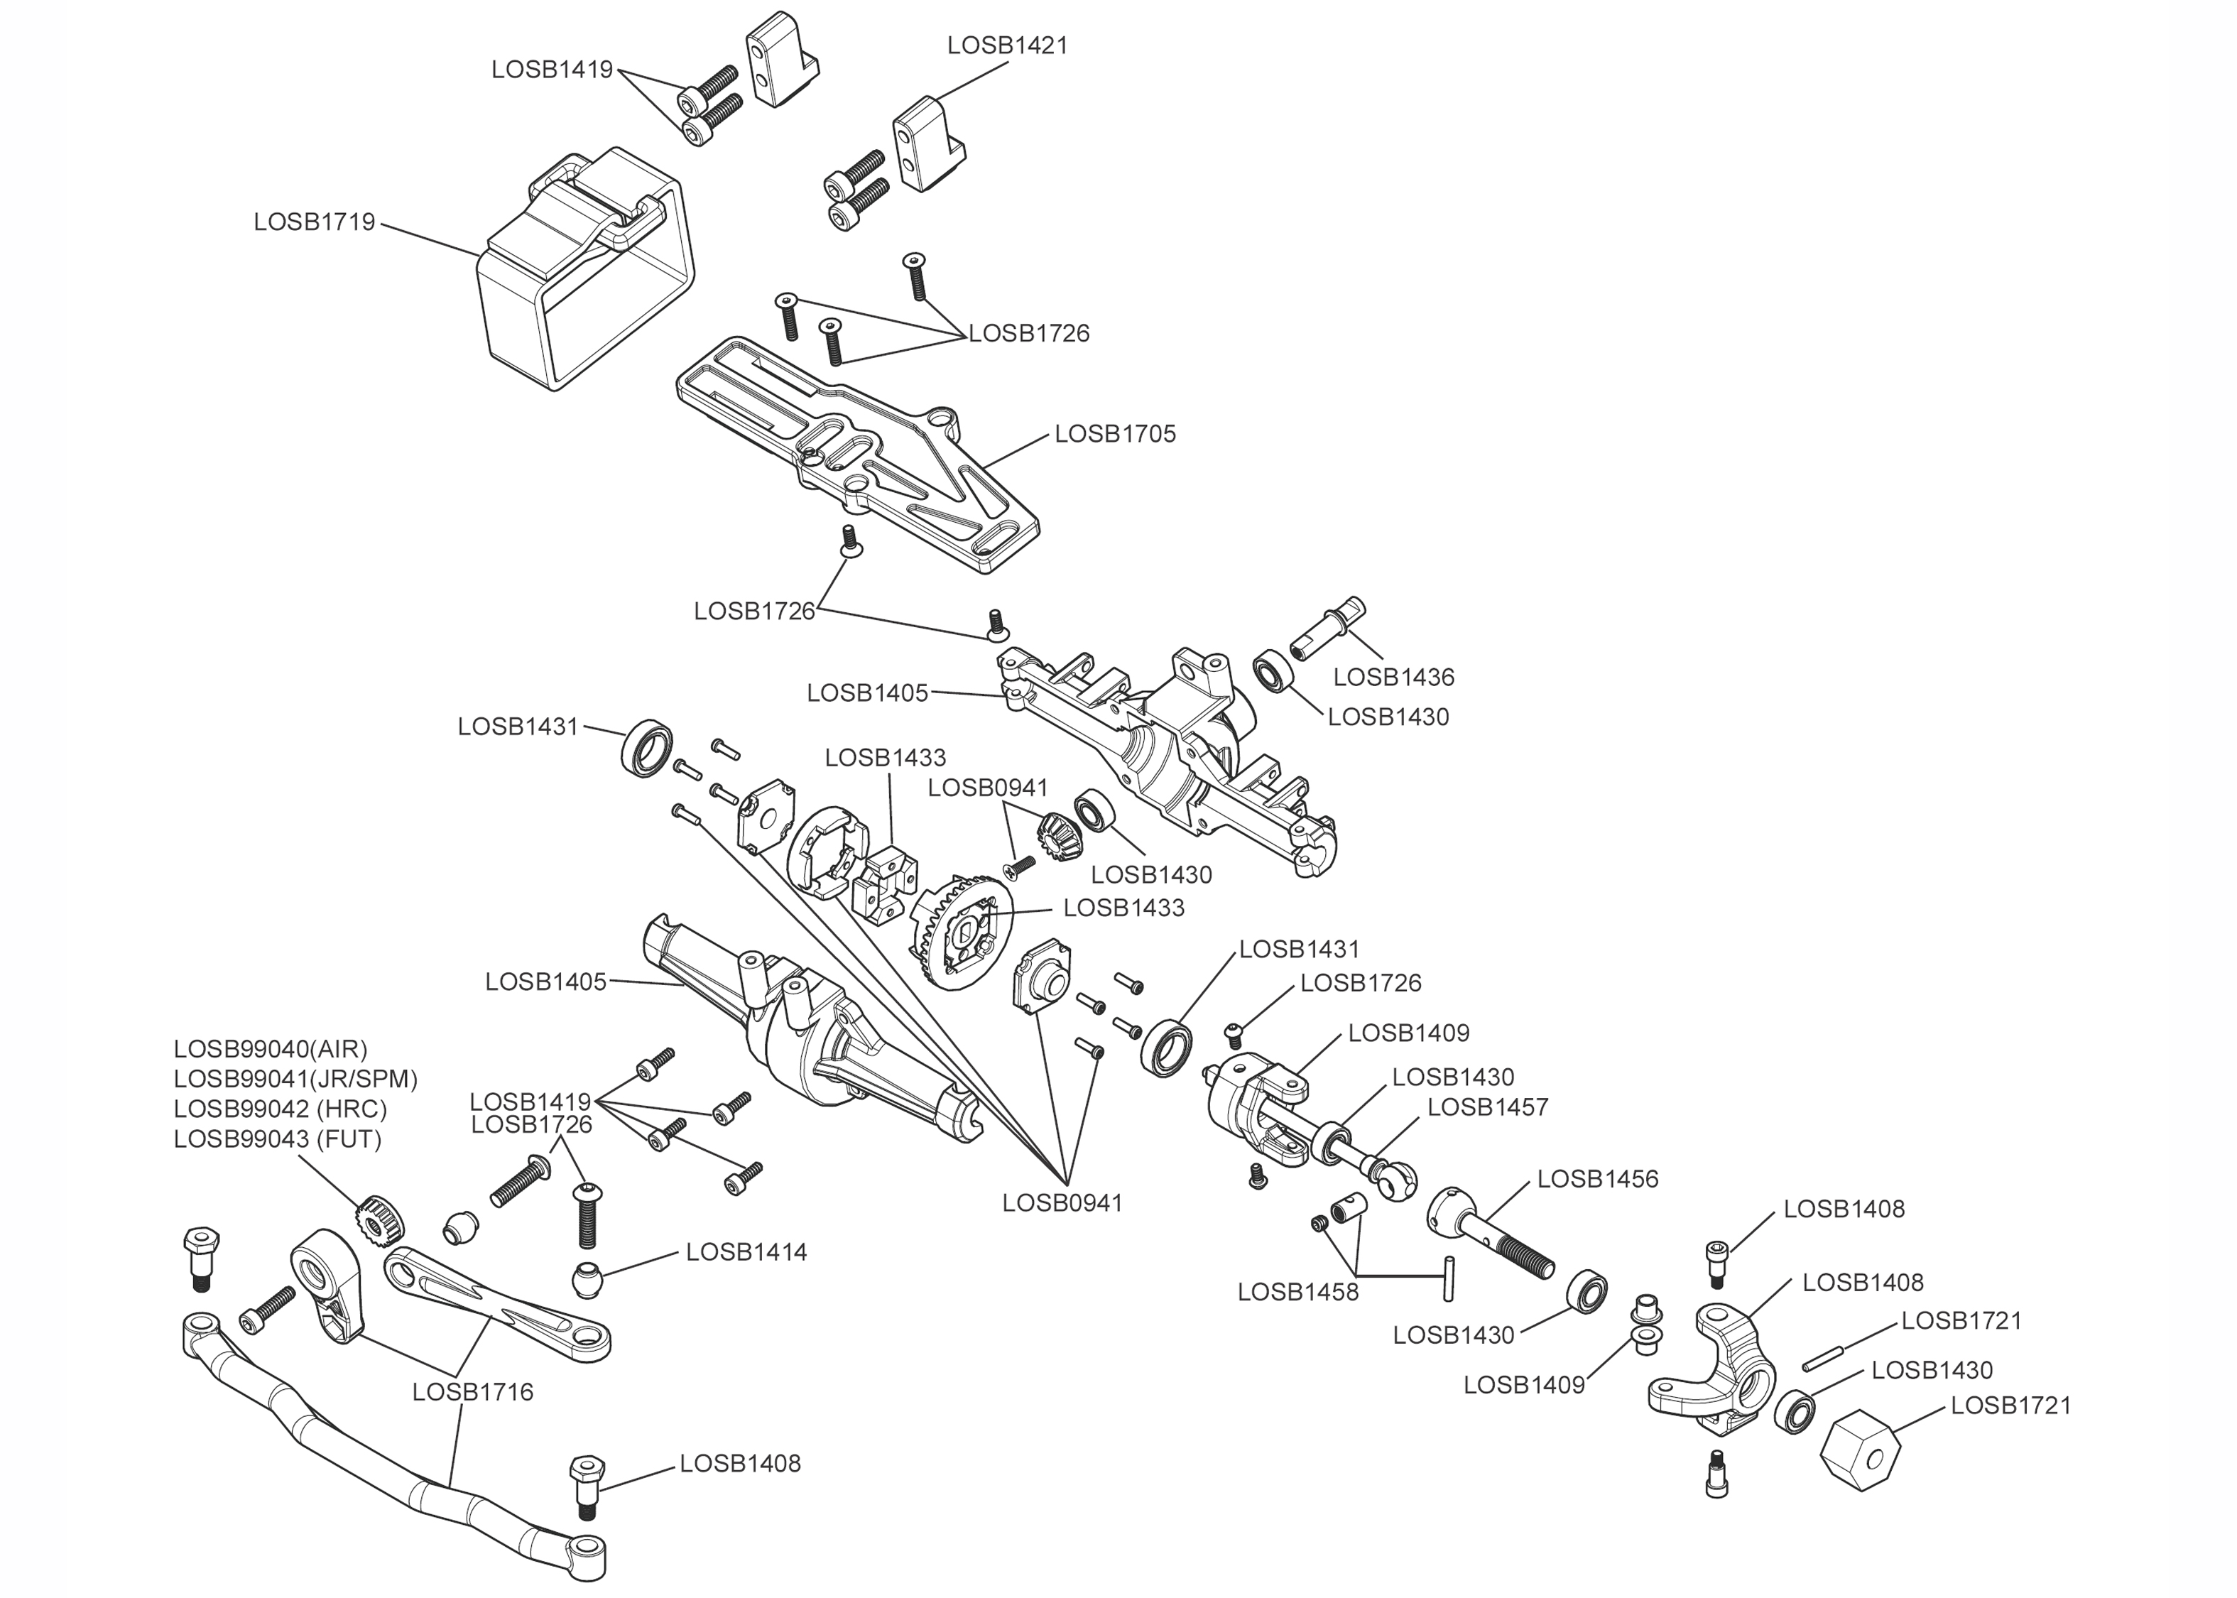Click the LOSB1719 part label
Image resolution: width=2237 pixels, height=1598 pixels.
[314, 222]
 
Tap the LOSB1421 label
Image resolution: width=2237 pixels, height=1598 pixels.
[1007, 45]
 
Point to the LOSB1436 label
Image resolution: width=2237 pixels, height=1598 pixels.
[1393, 677]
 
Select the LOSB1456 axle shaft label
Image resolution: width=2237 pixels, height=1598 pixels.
[1598, 1179]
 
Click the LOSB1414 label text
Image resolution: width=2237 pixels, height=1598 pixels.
[746, 1253]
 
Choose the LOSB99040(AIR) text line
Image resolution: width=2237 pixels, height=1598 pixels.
[271, 1049]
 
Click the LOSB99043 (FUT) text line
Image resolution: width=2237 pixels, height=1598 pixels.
[278, 1138]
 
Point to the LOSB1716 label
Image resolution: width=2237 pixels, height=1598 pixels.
[472, 1392]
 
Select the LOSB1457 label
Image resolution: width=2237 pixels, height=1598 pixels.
[1487, 1107]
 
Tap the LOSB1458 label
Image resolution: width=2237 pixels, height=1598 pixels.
[1297, 1292]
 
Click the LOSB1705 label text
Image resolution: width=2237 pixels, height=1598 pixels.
[1114, 434]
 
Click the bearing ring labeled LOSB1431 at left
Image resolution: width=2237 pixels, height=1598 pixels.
[647, 749]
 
